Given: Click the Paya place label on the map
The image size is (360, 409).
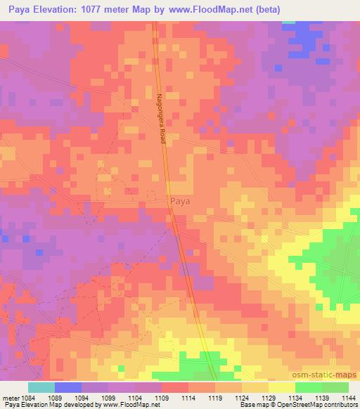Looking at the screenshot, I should [x=181, y=202].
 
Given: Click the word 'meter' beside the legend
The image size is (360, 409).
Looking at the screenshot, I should [x=10, y=398].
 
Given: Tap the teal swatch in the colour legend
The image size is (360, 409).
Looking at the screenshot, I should [x=41, y=387].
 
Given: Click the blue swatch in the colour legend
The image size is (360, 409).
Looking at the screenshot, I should [x=68, y=387].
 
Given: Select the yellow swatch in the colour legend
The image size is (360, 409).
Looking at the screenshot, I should [x=282, y=387].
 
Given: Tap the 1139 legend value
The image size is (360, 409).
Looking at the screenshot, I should [x=322, y=398].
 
